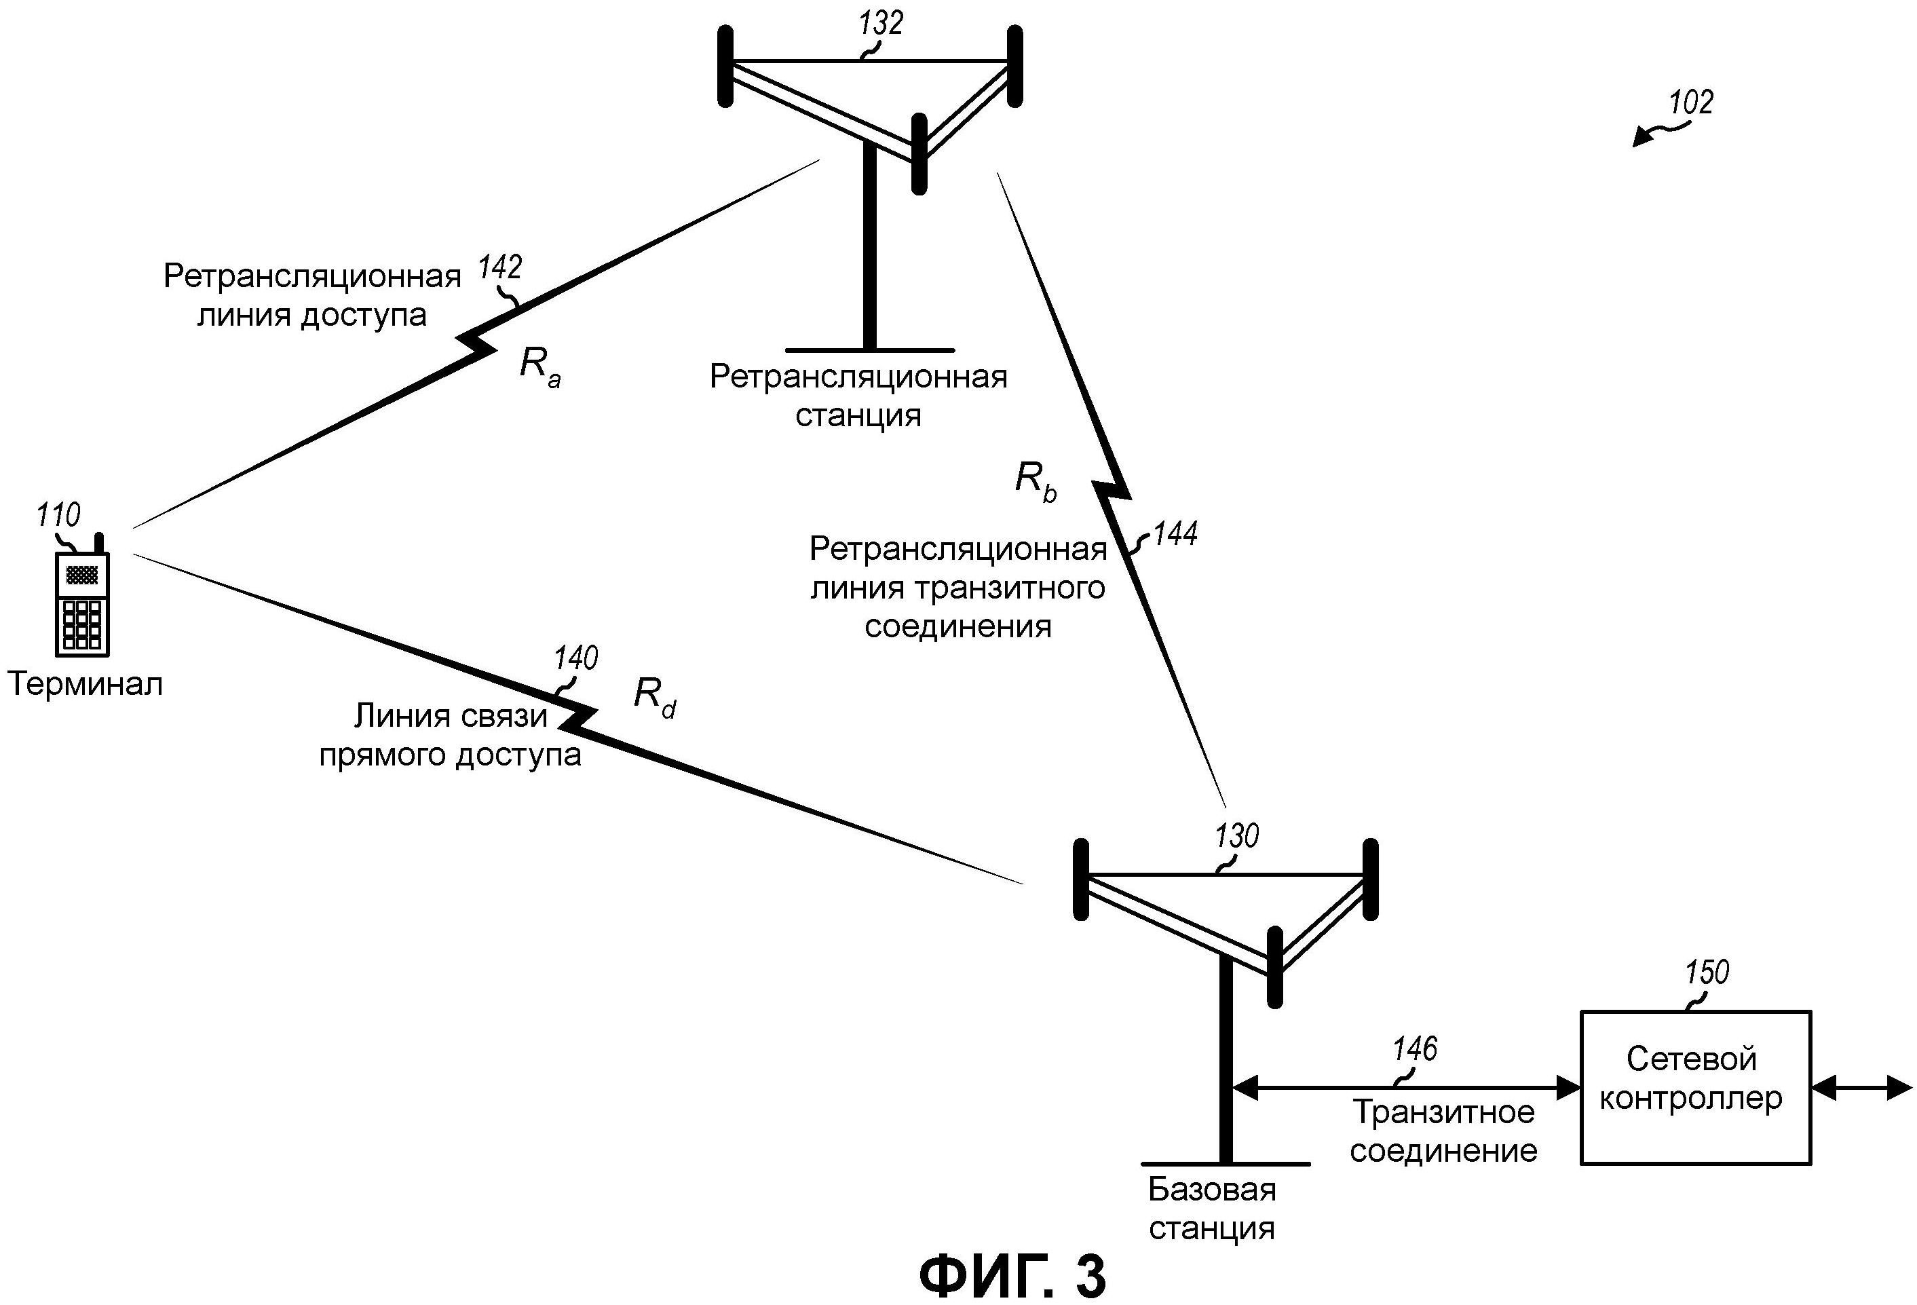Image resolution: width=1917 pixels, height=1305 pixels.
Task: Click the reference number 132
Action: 881,23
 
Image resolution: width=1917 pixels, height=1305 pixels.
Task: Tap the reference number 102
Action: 1691,102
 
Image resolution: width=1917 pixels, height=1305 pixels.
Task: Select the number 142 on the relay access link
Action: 500,267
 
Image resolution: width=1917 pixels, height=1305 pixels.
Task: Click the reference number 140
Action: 575,658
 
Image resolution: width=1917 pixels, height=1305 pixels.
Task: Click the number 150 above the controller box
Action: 1707,972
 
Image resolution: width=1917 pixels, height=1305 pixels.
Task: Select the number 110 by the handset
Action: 58,515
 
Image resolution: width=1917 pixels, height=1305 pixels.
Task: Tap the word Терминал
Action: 85,685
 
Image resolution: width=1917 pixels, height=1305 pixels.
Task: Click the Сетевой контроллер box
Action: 1695,1087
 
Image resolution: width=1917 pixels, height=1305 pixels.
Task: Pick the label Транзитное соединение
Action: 1443,1132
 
